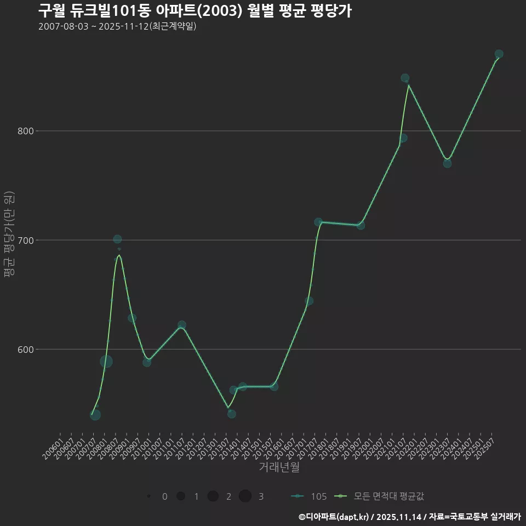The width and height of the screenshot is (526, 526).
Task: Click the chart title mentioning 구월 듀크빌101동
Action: [x=195, y=10]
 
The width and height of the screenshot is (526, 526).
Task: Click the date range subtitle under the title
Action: [x=117, y=26]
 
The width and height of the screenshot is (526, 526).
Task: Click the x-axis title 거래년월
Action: [x=279, y=467]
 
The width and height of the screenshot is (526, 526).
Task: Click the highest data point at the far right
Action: [x=499, y=54]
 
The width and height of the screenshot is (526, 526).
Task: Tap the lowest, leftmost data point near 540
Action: [x=95, y=415]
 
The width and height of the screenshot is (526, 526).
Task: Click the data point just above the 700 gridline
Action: [x=117, y=239]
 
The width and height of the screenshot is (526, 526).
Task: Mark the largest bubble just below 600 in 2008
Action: [x=106, y=362]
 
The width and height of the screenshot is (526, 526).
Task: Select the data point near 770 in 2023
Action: [x=447, y=163]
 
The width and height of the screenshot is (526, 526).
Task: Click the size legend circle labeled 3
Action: [x=245, y=496]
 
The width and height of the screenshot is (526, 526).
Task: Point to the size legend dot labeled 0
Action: [x=148, y=496]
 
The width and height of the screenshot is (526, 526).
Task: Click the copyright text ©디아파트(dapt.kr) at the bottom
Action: [x=335, y=517]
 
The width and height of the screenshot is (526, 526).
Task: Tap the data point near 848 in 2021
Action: [x=405, y=78]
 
